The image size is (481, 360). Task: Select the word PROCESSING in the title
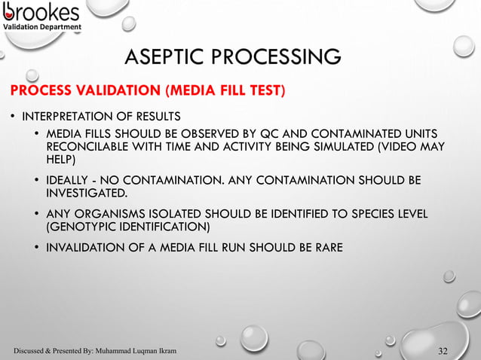tap(277, 56)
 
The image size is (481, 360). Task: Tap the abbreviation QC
tap(275, 133)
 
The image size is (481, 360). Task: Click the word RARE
tap(328, 249)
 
